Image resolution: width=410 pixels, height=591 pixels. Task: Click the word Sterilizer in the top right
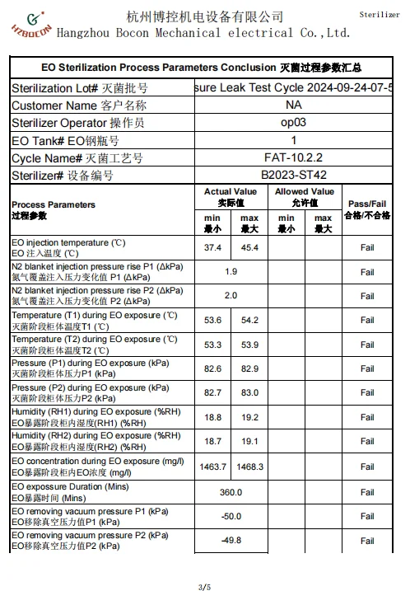tap(380, 16)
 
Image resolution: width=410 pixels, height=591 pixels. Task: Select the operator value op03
tap(294, 123)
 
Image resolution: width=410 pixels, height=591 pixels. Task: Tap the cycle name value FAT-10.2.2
tap(294, 157)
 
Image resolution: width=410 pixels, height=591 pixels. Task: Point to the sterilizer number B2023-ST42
tap(294, 175)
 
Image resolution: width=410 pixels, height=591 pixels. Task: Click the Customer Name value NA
tap(294, 106)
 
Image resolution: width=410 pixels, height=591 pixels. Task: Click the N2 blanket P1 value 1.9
tap(231, 271)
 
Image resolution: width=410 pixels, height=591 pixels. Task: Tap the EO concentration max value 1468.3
tap(250, 467)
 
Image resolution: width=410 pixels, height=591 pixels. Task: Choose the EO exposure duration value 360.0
tap(231, 492)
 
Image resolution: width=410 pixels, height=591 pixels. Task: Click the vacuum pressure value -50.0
tap(231, 516)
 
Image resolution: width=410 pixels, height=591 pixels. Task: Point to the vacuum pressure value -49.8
tap(231, 540)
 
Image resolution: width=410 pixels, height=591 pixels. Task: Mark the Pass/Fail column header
tap(367, 209)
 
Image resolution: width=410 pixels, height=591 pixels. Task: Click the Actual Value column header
tap(231, 197)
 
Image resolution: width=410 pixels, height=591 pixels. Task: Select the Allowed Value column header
tap(305, 197)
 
